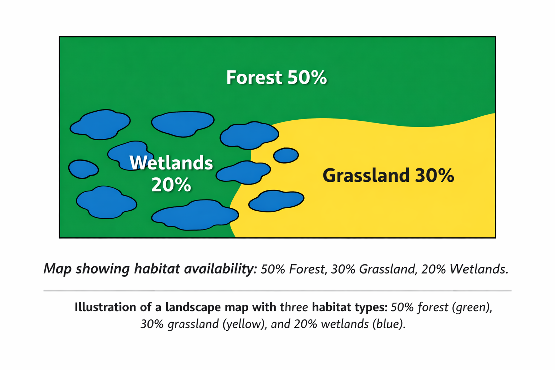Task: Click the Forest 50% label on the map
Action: (x=276, y=77)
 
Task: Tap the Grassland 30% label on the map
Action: (x=388, y=176)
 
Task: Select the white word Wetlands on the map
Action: (x=171, y=163)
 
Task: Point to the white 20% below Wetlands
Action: (x=171, y=185)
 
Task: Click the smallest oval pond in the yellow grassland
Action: (x=286, y=155)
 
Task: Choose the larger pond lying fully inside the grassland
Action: (x=276, y=201)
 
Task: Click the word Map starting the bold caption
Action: (x=57, y=268)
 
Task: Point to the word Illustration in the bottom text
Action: (x=105, y=307)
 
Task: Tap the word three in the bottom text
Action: (x=294, y=307)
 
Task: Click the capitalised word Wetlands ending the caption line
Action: (x=479, y=269)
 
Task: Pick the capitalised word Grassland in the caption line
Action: (x=387, y=269)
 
